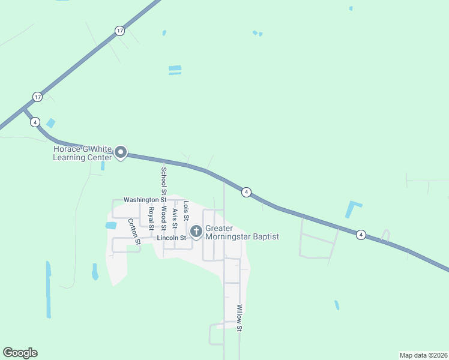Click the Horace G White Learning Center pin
point(121,153)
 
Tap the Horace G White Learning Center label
point(82,153)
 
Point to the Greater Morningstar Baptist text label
point(242,233)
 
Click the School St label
point(163,180)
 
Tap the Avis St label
point(175,215)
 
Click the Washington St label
point(145,199)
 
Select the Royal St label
point(151,218)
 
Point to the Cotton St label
point(134,231)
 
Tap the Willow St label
point(239,318)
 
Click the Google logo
point(20,353)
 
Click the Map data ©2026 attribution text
point(423,355)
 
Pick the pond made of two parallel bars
point(175,70)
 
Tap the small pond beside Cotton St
point(110,226)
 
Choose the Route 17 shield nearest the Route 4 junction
point(37,97)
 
